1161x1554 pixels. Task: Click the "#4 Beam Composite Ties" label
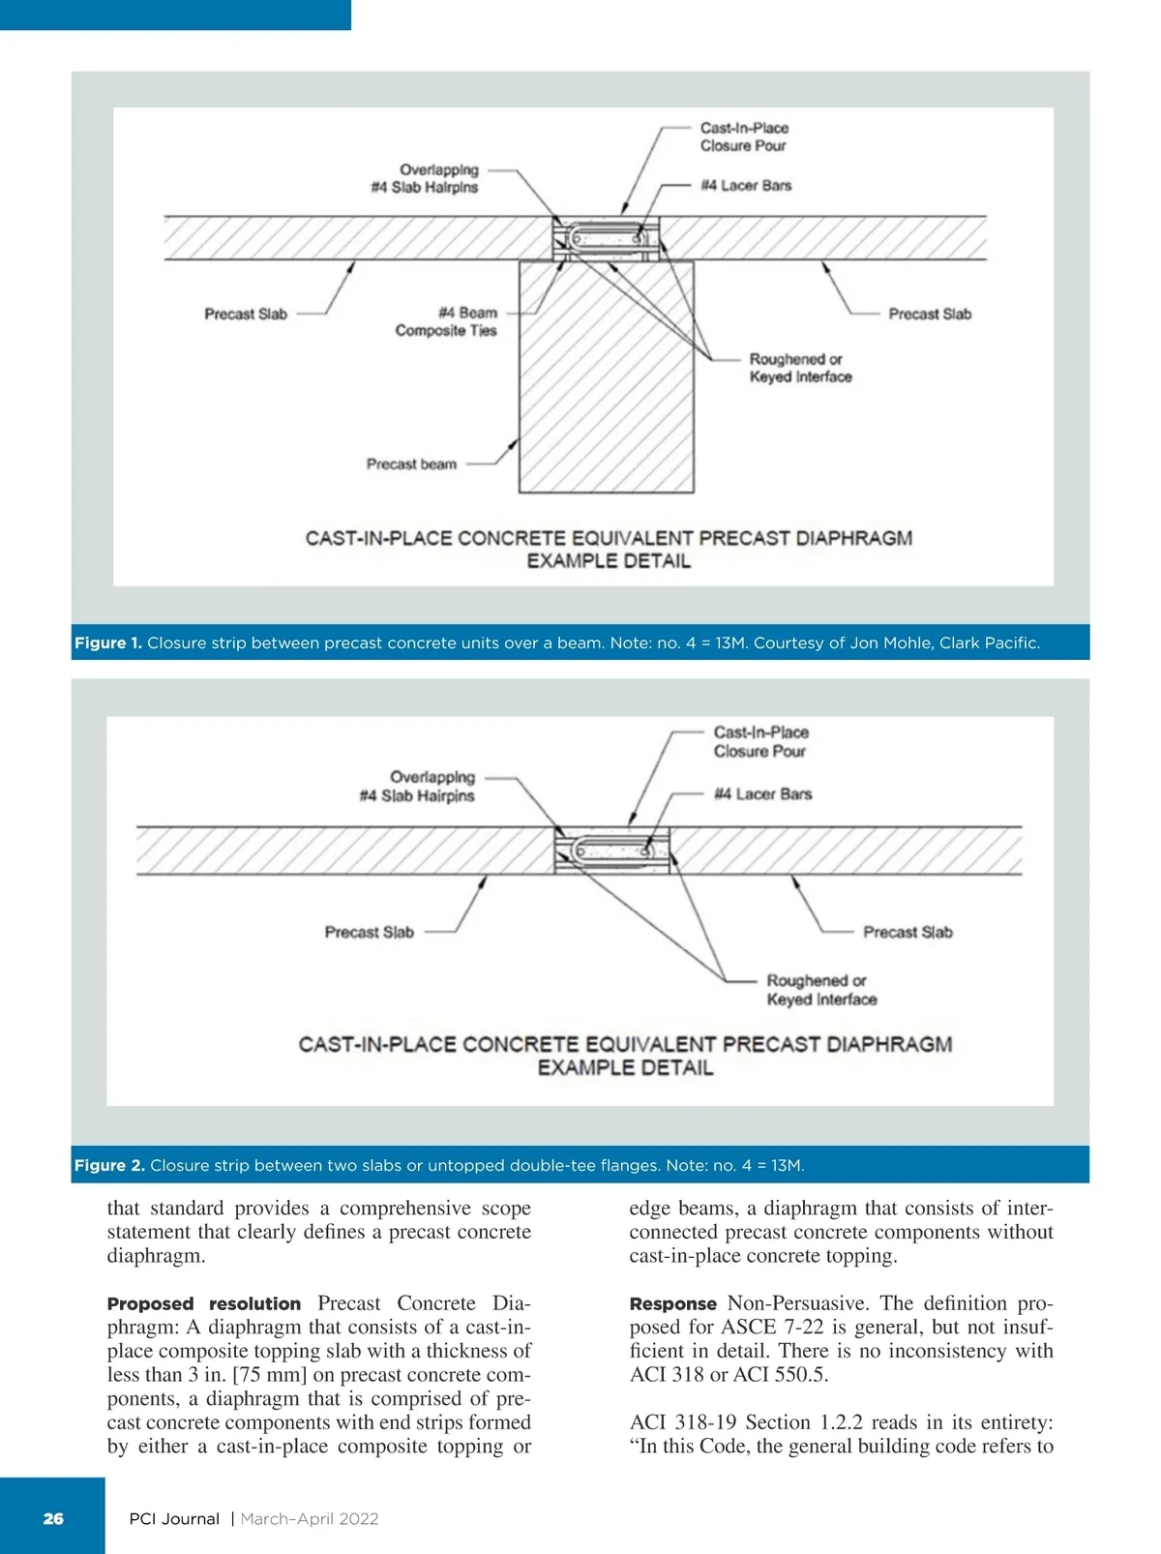446,321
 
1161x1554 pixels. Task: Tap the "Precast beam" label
411,464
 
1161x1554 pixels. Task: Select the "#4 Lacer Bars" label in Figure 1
746,185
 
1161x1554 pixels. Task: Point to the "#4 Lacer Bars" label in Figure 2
762,793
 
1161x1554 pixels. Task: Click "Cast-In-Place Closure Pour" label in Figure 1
744,136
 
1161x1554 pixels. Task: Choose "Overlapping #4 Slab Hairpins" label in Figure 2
417,786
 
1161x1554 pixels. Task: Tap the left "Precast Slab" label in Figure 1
246,314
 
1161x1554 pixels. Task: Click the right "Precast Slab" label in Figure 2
908,932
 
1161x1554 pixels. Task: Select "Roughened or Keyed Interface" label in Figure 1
800,368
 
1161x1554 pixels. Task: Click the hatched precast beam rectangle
607,387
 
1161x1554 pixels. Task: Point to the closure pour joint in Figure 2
611,851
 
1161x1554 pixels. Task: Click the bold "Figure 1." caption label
107,643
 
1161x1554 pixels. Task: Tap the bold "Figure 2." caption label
109,1165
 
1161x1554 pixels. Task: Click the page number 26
53,1518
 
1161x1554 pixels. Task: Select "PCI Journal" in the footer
174,1518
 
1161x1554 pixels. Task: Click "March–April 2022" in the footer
310,1518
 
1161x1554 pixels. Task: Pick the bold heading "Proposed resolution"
203,1303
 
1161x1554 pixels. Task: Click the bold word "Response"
672,1303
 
